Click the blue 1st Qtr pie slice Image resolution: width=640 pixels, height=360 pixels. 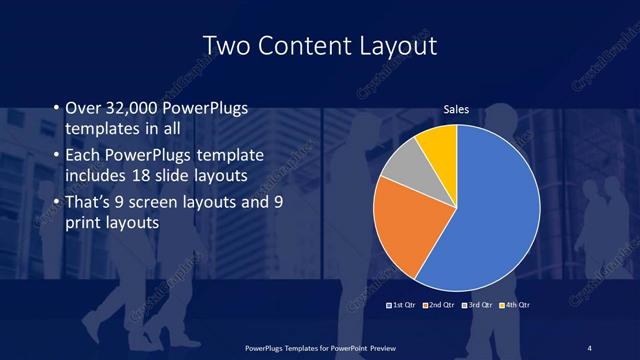(x=490, y=210)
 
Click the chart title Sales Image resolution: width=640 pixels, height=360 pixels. (x=456, y=110)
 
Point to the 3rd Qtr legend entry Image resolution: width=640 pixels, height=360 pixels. (x=477, y=303)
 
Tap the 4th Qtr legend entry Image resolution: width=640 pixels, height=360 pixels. (x=514, y=303)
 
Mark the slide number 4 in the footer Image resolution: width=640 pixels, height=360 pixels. (x=590, y=347)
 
